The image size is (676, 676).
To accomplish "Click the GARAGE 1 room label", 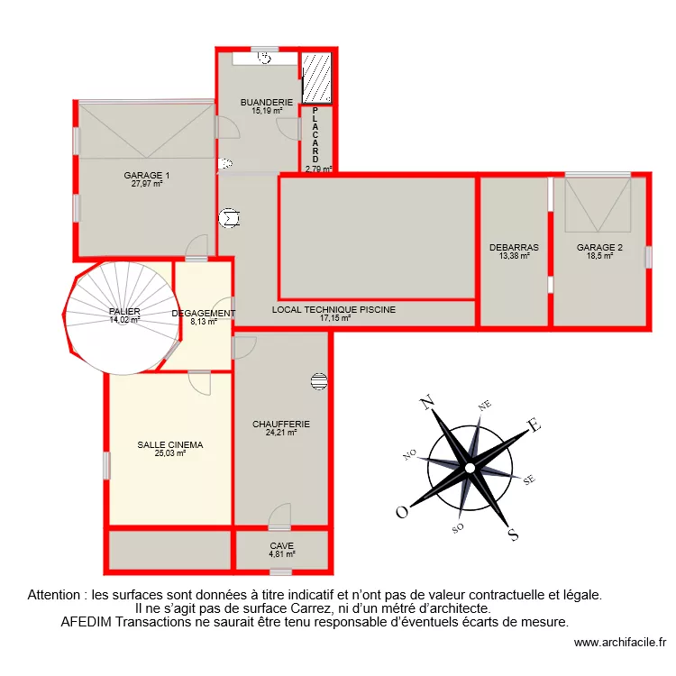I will point(147,176).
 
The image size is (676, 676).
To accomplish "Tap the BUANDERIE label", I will point(267,103).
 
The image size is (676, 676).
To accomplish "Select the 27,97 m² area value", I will point(147,184).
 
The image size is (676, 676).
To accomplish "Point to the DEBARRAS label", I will point(514,247).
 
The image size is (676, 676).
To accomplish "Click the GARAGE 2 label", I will point(600,247).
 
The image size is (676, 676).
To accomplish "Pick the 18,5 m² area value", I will point(600,256).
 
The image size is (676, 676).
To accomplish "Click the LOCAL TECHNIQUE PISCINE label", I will point(334,309).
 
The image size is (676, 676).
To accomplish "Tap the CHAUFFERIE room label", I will point(281,424).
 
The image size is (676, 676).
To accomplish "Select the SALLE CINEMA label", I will point(170,445).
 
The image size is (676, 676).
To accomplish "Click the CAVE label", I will point(282,546).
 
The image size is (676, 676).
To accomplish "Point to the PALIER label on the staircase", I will point(125,312).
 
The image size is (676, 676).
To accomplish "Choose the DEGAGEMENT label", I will point(204,314).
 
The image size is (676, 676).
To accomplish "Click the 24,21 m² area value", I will point(281,433).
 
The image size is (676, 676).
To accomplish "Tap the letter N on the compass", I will point(428,402).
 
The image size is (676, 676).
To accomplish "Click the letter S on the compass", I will point(513,534).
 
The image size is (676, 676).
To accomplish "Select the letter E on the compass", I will point(534,425).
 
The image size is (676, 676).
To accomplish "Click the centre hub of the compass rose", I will point(470,468).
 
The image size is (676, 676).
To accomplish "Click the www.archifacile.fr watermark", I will point(619,643).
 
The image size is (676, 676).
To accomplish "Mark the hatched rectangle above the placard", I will point(317,78).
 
